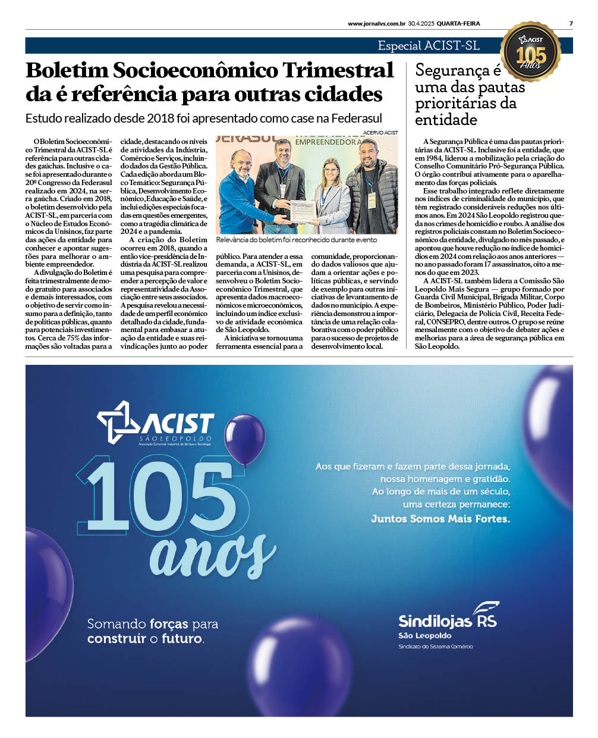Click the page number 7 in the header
[x=571, y=24]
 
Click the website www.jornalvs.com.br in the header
[x=376, y=24]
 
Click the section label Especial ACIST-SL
[x=429, y=46]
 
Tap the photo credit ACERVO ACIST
[x=380, y=133]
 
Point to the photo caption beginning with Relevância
[x=296, y=240]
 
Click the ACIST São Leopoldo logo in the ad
[x=156, y=423]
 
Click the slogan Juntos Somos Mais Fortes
[x=440, y=519]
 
